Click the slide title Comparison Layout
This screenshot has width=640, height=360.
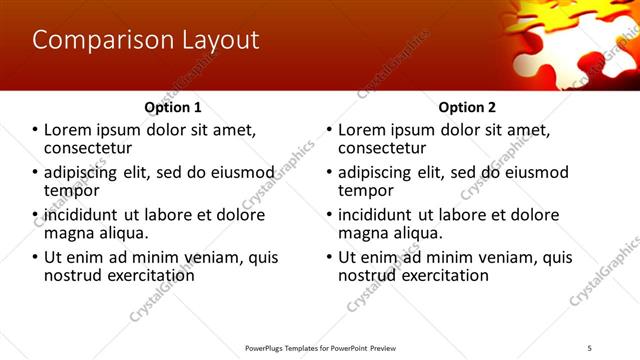(146, 40)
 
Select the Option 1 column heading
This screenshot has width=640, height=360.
(173, 107)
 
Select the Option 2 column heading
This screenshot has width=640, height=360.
(467, 107)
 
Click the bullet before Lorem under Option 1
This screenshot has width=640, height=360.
(36, 130)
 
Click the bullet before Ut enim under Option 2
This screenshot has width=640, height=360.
(330, 257)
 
